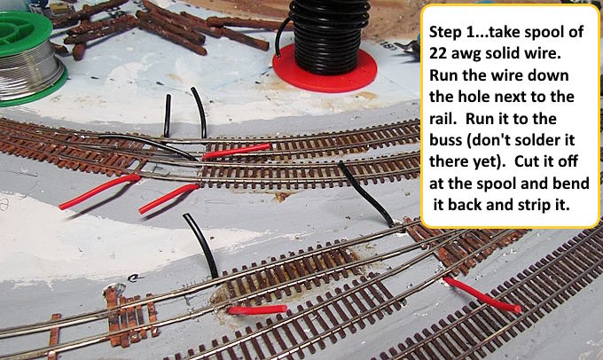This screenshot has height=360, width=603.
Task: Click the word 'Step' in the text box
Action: point(444,32)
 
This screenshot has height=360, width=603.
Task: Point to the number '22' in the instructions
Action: point(437,53)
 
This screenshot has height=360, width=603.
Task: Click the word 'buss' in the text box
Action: point(446,139)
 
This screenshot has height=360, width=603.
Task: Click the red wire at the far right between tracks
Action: point(482,294)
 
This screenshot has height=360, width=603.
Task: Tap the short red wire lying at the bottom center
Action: point(257,309)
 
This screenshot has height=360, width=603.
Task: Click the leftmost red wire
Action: point(100,191)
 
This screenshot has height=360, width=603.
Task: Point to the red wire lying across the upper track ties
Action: point(236,151)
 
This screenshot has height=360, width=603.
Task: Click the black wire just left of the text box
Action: point(364,194)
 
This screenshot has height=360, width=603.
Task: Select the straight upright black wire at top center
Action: point(168,116)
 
